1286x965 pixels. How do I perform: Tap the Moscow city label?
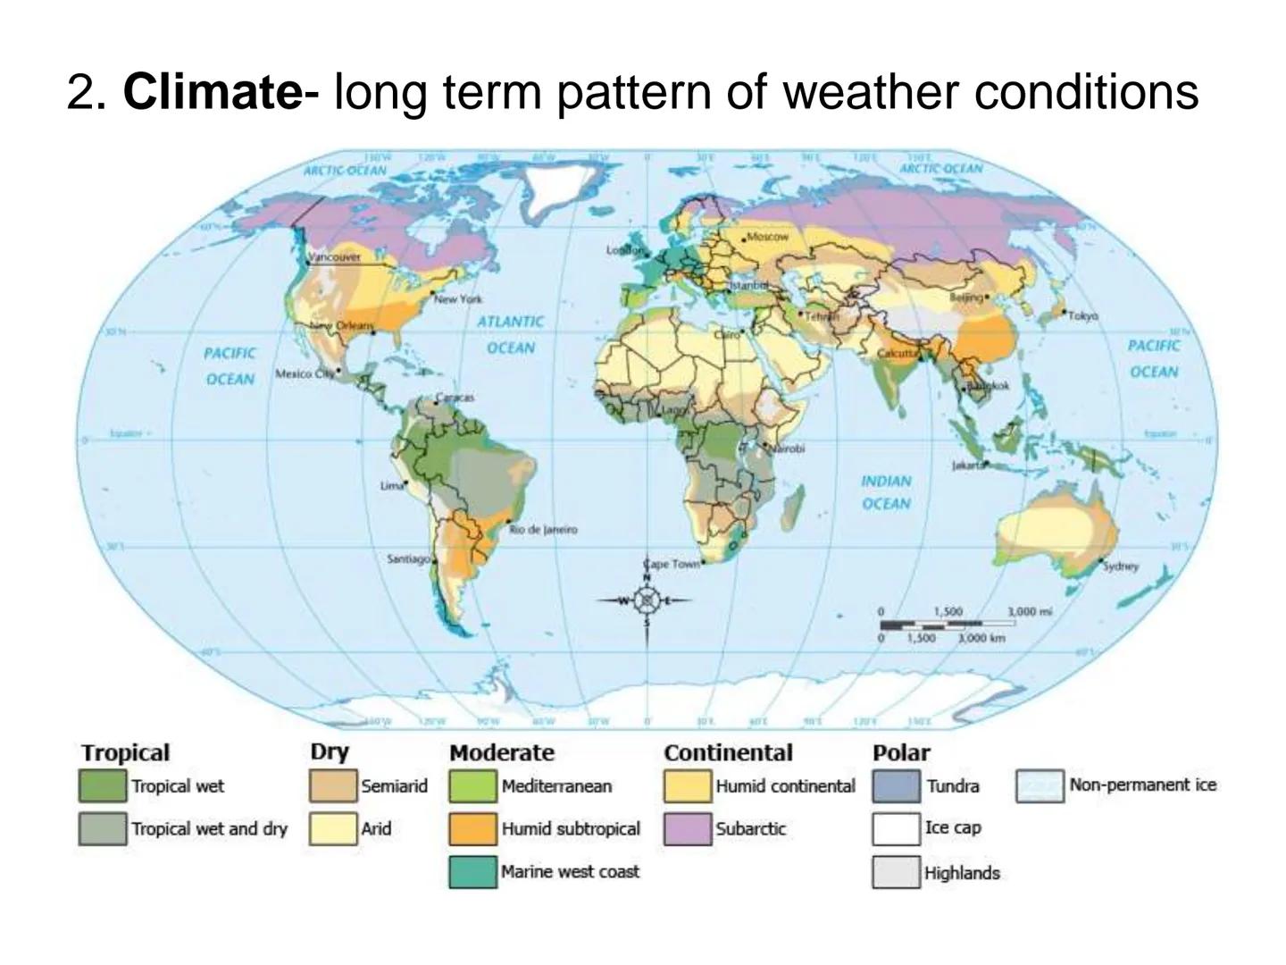(767, 237)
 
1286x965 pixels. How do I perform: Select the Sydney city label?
(1121, 566)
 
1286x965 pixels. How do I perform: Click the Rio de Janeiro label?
(544, 529)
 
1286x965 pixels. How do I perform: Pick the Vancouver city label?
(334, 256)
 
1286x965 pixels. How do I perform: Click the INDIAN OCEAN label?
(886, 492)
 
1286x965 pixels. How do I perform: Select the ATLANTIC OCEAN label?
(510, 334)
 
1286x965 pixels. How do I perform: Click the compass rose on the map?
(647, 600)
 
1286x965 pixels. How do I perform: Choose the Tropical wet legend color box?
(102, 786)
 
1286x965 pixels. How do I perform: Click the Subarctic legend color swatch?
(687, 828)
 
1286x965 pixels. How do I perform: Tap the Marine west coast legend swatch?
(472, 871)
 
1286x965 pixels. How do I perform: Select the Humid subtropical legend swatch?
(472, 828)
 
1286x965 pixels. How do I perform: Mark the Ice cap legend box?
(896, 828)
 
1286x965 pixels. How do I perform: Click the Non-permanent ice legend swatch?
(1040, 786)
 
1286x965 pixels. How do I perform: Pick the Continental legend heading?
(728, 752)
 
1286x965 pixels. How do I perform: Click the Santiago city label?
(408, 558)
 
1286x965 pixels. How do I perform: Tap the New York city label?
(457, 298)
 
